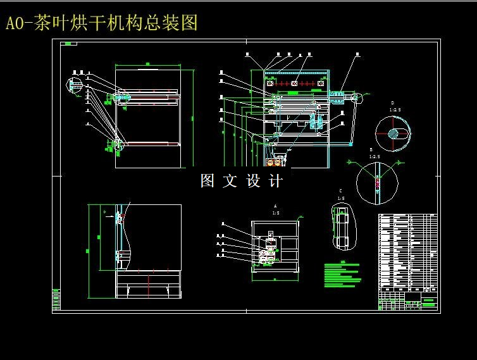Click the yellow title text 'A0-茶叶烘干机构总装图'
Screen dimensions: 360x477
pyautogui.click(x=101, y=23)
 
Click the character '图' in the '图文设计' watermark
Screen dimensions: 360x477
pyautogui.click(x=208, y=181)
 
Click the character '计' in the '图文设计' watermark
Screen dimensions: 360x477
pyautogui.click(x=276, y=181)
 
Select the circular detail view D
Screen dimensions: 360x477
pyautogui.click(x=392, y=133)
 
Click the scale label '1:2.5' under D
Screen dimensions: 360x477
pyautogui.click(x=395, y=109)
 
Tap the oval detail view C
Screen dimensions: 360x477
pyautogui.click(x=344, y=227)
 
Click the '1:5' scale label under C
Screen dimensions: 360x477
pyautogui.click(x=341, y=198)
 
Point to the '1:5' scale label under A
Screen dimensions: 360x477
pyautogui.click(x=275, y=213)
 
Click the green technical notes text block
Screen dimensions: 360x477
pyautogui.click(x=342, y=275)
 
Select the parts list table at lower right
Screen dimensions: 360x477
pyautogui.click(x=407, y=251)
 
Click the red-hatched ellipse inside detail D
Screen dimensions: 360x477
pyautogui.click(x=394, y=133)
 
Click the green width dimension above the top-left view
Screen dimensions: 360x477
pyautogui.click(x=147, y=63)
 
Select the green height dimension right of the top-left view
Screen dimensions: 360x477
pyautogui.click(x=190, y=117)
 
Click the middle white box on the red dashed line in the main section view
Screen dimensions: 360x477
pyautogui.click(x=294, y=84)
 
